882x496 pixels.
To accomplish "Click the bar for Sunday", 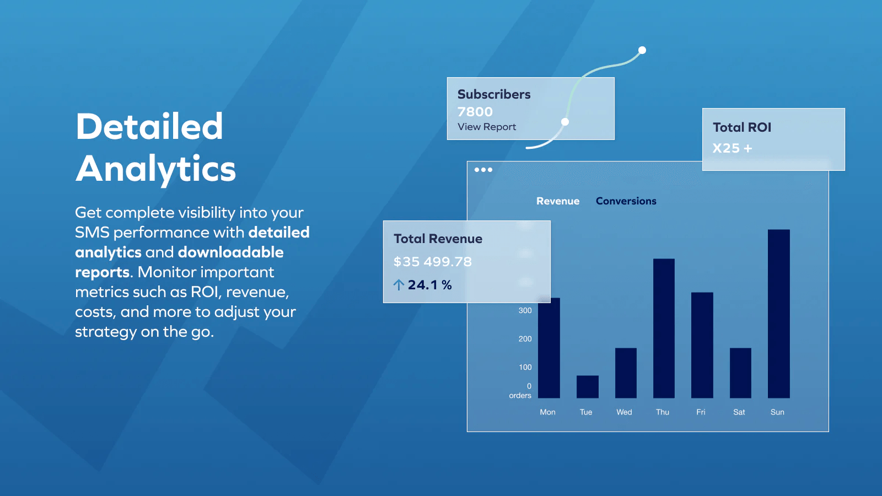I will pyautogui.click(x=778, y=314).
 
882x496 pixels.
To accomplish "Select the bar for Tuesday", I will pyautogui.click(x=587, y=387).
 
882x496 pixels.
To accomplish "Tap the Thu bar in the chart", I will pyautogui.click(x=664, y=328).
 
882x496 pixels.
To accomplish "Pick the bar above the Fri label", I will pyautogui.click(x=702, y=345).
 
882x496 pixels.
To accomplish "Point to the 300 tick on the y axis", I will pyautogui.click(x=525, y=311).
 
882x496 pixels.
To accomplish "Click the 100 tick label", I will pyautogui.click(x=525, y=367).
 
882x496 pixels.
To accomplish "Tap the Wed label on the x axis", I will pyautogui.click(x=624, y=412).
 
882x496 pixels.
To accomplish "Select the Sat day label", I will pyautogui.click(x=739, y=412).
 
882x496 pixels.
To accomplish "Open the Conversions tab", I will pyautogui.click(x=626, y=201).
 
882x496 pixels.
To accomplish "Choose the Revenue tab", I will pyautogui.click(x=558, y=201).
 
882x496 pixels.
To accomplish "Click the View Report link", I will pyautogui.click(x=487, y=127).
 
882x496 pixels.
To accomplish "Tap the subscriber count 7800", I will pyautogui.click(x=475, y=112).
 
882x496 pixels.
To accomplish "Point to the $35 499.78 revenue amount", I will pyautogui.click(x=433, y=262).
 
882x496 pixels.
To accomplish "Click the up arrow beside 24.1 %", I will pyautogui.click(x=399, y=285).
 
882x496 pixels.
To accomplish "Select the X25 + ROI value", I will pyautogui.click(x=732, y=148).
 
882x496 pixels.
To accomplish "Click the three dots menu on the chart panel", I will pyautogui.click(x=483, y=170).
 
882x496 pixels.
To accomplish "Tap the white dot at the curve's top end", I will pyautogui.click(x=642, y=50).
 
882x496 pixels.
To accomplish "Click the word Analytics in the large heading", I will pyautogui.click(x=156, y=169).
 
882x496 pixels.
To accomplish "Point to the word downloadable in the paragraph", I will pyautogui.click(x=230, y=252).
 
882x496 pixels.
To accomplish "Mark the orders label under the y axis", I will pyautogui.click(x=520, y=396).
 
